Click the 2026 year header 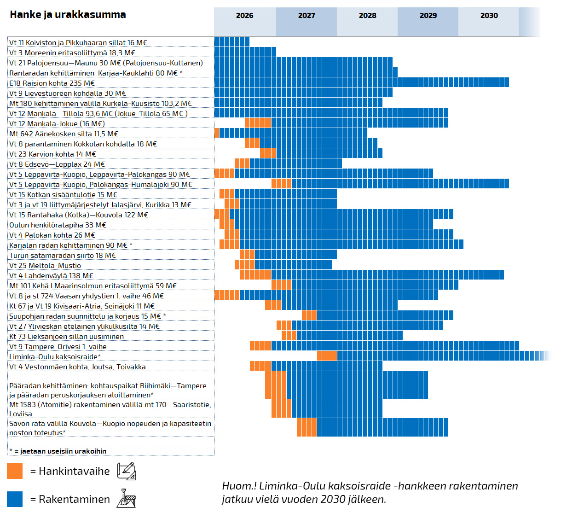(x=244, y=16)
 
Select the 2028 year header (x=367, y=16)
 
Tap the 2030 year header (x=489, y=16)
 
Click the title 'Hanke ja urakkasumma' (x=68, y=15)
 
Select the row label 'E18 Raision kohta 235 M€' (x=52, y=83)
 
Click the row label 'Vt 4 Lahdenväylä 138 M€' (x=51, y=276)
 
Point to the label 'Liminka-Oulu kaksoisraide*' (x=55, y=357)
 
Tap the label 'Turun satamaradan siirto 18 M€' (x=63, y=256)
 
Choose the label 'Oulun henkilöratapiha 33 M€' (x=58, y=225)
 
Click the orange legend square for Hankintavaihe (x=15, y=471)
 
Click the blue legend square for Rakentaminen (x=15, y=499)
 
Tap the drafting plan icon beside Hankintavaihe (x=126, y=471)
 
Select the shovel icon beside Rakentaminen (x=126, y=499)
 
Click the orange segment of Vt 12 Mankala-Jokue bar (x=258, y=123)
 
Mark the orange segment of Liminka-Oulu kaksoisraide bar (x=327, y=356)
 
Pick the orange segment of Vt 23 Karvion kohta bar (x=268, y=153)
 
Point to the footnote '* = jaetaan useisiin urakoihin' (x=58, y=451)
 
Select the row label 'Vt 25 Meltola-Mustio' (x=45, y=266)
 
